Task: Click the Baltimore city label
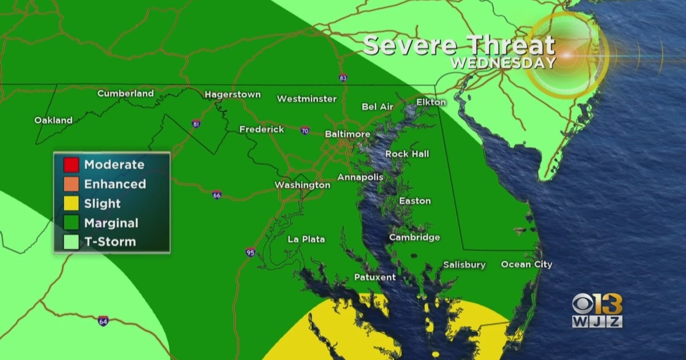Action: (x=347, y=134)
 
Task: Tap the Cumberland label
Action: (x=125, y=93)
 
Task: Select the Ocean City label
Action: (x=527, y=264)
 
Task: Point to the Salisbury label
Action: (x=464, y=265)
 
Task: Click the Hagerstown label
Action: (x=233, y=94)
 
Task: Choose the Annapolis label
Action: (x=360, y=177)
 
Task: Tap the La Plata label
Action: (x=306, y=239)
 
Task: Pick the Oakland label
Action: (x=53, y=120)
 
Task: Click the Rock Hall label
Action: (x=407, y=154)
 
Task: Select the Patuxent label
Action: (x=374, y=277)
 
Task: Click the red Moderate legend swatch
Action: (x=71, y=165)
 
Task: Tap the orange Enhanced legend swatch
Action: (x=71, y=184)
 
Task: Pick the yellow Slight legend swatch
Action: (x=71, y=203)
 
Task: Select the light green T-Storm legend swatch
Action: (x=71, y=242)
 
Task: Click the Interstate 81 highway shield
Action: (x=196, y=124)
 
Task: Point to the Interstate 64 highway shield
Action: (x=103, y=321)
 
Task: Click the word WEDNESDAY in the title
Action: (x=503, y=62)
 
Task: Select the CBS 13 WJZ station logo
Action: (x=597, y=310)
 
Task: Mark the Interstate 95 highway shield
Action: (x=250, y=251)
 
